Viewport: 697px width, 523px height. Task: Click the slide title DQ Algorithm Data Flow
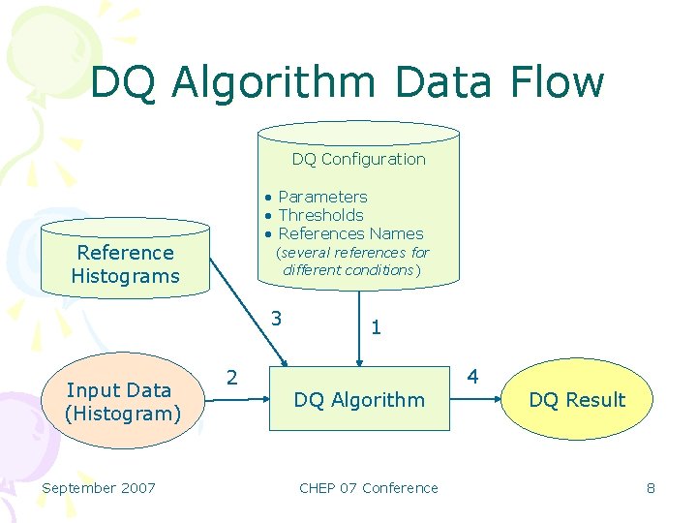coord(348,82)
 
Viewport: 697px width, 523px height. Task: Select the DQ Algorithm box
coord(359,399)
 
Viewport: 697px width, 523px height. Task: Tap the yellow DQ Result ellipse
coord(577,399)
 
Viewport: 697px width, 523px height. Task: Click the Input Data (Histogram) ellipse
coord(123,402)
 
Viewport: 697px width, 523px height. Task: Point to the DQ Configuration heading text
coord(358,159)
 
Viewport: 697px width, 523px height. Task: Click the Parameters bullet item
coord(322,197)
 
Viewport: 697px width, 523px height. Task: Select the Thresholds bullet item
coord(320,215)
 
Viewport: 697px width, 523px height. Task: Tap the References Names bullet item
coord(350,233)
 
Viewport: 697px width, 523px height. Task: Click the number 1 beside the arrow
coord(376,329)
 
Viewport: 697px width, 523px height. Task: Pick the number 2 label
coord(231,376)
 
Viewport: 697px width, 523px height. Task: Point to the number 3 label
coord(277,318)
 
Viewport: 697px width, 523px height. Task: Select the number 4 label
coord(472,375)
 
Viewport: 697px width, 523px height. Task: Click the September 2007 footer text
coord(98,487)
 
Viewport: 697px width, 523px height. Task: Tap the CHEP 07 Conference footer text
coord(368,487)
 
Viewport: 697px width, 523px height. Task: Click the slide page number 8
coord(651,487)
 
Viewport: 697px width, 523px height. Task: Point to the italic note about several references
coord(352,261)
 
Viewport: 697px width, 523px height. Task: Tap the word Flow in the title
coord(561,82)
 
